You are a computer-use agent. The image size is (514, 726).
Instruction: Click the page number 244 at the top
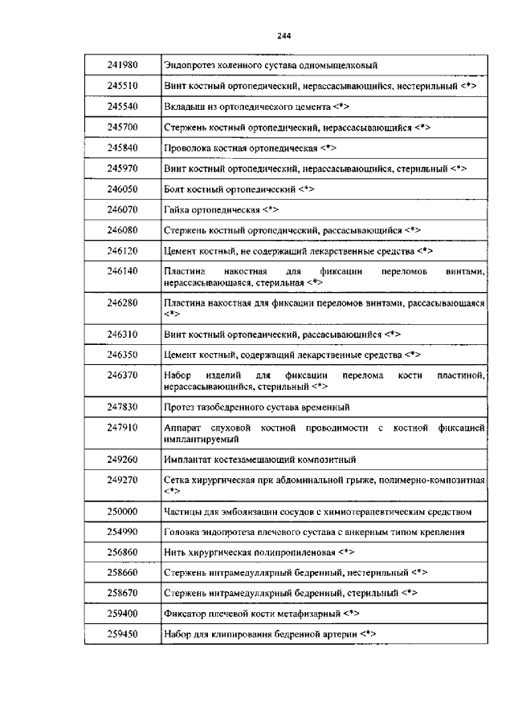pos(284,35)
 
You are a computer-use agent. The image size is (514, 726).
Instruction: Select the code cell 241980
pos(123,64)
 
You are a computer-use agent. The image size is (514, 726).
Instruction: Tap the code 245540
pos(123,106)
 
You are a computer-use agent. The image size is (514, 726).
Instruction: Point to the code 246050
pos(123,189)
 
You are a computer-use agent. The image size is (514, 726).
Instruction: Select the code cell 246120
pos(123,251)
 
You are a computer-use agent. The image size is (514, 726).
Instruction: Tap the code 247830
pos(123,407)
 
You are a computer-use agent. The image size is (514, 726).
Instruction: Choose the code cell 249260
pos(123,460)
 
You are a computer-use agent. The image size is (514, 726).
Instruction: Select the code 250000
pos(123,511)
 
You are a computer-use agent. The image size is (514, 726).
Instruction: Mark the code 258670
pos(123,594)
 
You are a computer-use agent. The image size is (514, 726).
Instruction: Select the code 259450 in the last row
pos(123,635)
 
